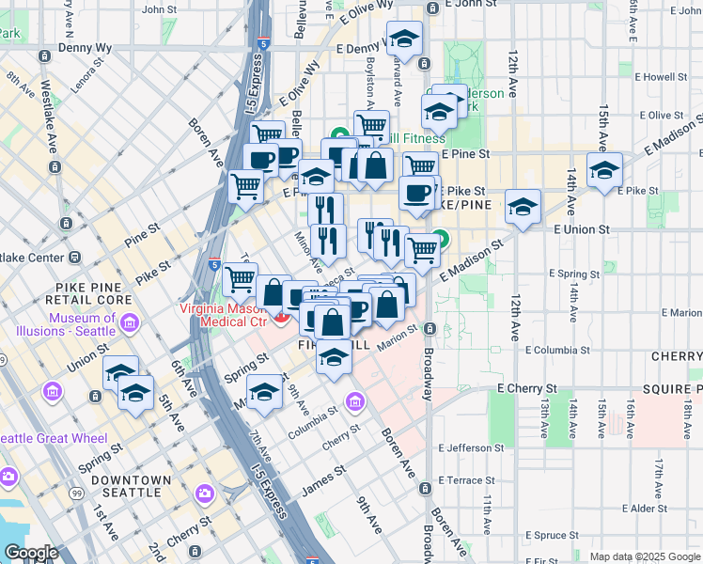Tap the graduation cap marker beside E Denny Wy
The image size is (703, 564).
(x=405, y=39)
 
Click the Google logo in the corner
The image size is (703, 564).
(x=31, y=553)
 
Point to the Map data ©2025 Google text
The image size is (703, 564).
(x=645, y=556)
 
